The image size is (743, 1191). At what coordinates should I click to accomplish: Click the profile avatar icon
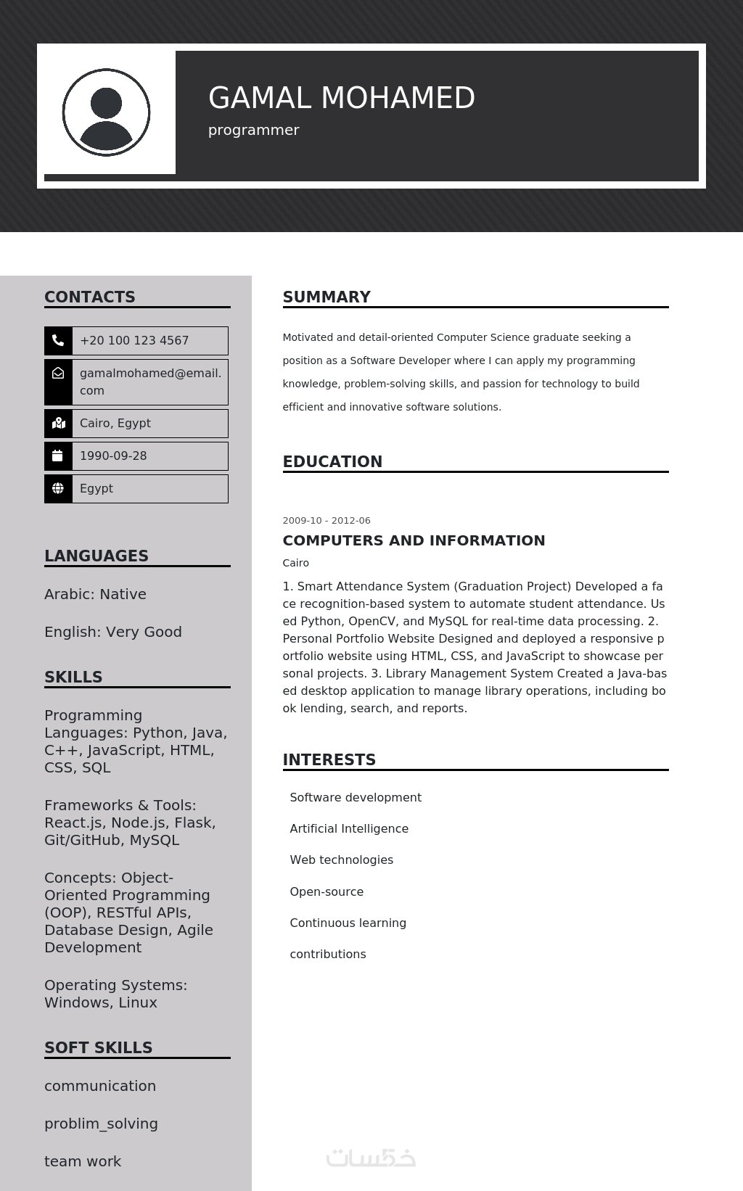click(x=106, y=112)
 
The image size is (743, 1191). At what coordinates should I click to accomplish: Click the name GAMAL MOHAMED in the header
click(x=341, y=98)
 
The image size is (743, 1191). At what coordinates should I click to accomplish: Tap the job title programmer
click(x=253, y=131)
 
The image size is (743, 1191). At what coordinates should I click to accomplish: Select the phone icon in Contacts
click(x=58, y=340)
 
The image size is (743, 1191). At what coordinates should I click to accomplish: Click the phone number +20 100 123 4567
click(x=134, y=341)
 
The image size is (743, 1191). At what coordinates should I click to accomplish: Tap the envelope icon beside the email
click(x=58, y=373)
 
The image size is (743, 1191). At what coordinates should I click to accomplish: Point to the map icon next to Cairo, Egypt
click(x=58, y=424)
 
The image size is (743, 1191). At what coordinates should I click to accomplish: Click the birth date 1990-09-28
click(x=113, y=456)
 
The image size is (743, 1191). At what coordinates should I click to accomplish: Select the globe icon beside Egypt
click(x=58, y=489)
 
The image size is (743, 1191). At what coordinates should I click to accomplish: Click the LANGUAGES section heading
click(x=97, y=556)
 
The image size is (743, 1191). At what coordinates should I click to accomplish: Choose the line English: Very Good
click(x=113, y=632)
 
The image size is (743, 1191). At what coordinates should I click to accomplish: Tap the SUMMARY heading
click(x=327, y=297)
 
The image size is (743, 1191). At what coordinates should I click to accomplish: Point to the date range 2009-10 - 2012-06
click(x=327, y=521)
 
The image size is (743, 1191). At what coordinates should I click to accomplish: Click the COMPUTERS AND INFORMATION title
click(x=414, y=540)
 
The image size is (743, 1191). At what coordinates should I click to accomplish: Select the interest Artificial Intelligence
click(x=349, y=829)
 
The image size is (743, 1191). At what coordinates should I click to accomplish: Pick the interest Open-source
click(x=327, y=892)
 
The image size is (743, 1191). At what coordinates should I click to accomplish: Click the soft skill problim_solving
click(x=101, y=1124)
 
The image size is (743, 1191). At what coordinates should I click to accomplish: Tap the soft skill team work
click(x=83, y=1161)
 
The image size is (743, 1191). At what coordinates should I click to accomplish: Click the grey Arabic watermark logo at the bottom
click(x=371, y=1158)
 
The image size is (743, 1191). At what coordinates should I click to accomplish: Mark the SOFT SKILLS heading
click(x=99, y=1048)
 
